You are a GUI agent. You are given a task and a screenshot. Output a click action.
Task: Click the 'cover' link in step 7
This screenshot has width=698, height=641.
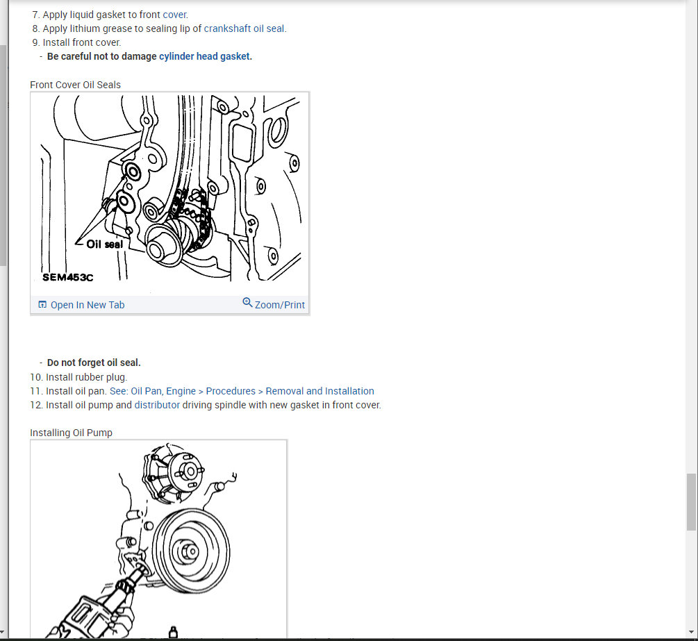click(174, 15)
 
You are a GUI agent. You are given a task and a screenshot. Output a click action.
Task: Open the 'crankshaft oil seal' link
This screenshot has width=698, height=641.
click(244, 28)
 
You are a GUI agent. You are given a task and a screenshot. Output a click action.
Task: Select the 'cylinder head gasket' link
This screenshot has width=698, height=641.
click(204, 56)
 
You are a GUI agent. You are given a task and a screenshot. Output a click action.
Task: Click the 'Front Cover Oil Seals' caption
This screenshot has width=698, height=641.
click(75, 85)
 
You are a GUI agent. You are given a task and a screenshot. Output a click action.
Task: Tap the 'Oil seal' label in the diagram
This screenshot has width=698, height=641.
click(105, 244)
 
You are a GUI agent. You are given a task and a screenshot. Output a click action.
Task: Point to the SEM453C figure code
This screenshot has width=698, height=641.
click(67, 277)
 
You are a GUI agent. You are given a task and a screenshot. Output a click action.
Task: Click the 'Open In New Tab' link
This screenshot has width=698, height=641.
click(88, 305)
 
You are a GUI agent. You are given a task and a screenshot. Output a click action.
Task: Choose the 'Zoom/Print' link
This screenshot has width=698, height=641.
click(280, 305)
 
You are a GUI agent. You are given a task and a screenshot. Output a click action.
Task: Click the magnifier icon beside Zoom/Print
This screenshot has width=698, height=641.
click(247, 303)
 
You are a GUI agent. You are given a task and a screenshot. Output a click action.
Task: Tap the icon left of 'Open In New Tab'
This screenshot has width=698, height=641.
click(42, 304)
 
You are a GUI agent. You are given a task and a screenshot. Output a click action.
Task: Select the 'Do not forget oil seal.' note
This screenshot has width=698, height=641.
click(94, 363)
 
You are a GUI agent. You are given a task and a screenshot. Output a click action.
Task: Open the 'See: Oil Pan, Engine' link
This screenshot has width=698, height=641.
click(153, 391)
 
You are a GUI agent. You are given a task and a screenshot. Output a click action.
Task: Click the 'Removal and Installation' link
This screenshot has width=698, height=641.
click(319, 391)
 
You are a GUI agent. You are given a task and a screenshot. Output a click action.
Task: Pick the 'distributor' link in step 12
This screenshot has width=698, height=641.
click(157, 405)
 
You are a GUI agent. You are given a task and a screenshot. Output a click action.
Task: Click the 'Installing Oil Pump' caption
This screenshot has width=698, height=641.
click(72, 433)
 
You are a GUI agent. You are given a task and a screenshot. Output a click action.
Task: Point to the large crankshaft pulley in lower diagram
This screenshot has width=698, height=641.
click(191, 551)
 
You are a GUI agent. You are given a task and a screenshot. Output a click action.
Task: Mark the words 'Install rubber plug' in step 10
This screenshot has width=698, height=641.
click(86, 378)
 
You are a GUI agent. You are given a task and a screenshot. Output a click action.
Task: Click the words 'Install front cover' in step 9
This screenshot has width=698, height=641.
click(81, 43)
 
